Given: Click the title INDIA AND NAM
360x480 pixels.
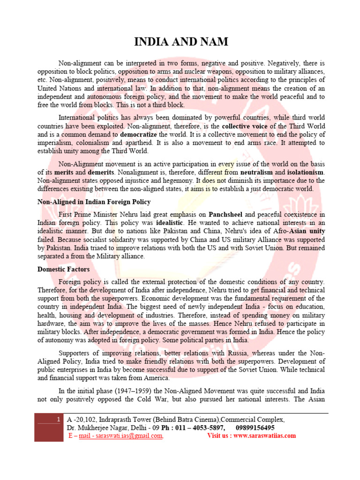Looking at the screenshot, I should (181, 42).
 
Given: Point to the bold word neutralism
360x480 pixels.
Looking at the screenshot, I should (259, 172).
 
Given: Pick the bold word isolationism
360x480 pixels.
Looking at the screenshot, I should (303, 172).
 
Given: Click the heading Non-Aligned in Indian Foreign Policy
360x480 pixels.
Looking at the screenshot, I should (94, 202).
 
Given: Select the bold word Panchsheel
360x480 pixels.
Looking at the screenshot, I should (227, 215).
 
